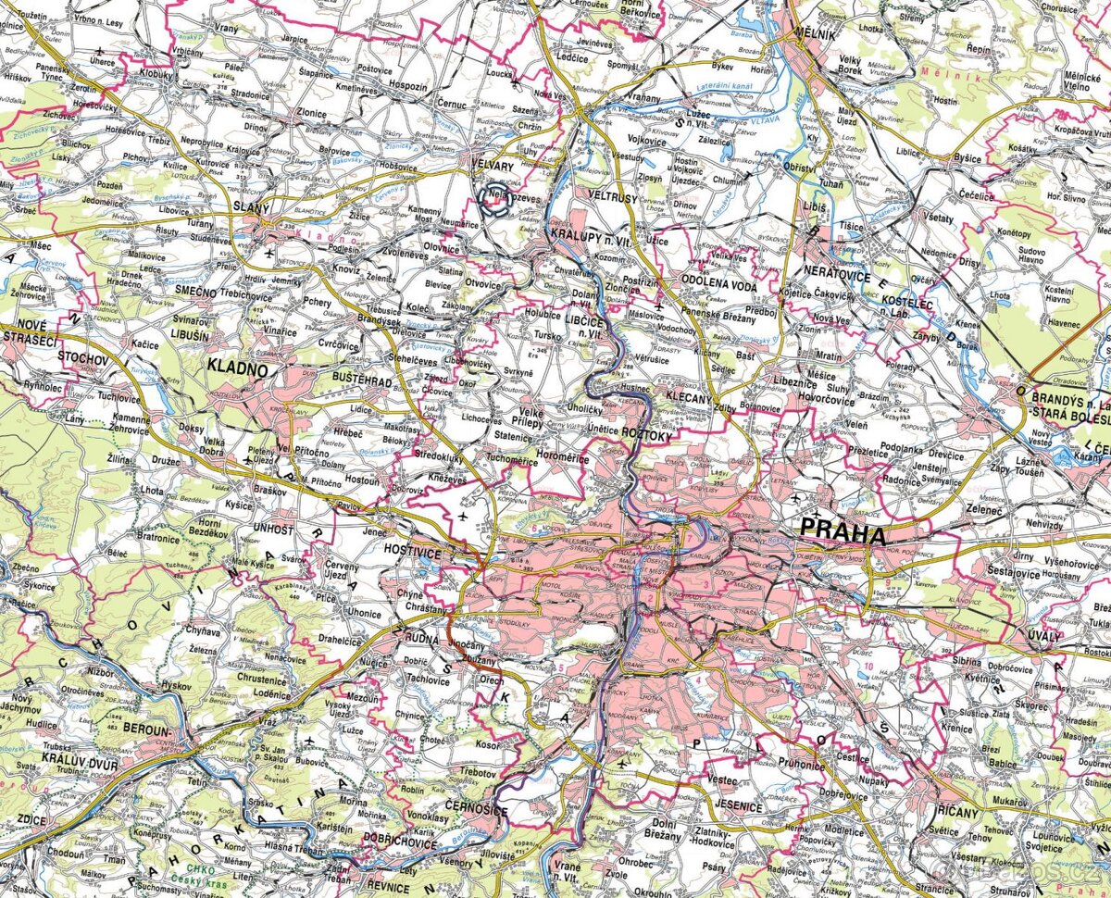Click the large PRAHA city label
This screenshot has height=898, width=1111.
843,533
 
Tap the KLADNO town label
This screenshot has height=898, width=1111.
237,369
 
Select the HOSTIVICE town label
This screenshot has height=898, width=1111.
414,550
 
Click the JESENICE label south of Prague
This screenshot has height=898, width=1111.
736,807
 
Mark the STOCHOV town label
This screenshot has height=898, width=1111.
84,355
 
